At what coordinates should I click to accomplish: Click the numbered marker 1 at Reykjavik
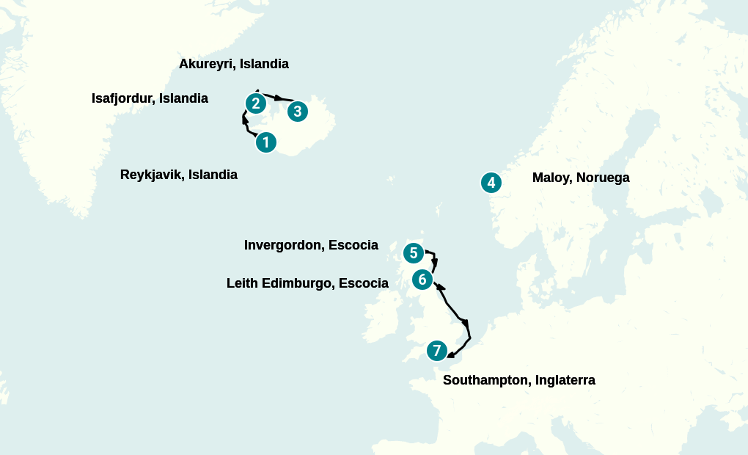[266, 142]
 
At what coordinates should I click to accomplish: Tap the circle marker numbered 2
[255, 103]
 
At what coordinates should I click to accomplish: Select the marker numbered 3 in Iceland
[297, 112]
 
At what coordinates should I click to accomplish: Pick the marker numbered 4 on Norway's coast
[491, 183]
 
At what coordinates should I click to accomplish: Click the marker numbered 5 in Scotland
[414, 253]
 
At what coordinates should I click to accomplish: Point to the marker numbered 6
[422, 280]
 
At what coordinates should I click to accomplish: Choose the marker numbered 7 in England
[436, 351]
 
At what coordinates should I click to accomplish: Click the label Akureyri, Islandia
[233, 64]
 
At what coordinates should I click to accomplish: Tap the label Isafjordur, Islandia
[150, 98]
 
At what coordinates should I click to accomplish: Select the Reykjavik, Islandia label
[178, 175]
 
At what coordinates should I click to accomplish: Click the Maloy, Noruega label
[581, 178]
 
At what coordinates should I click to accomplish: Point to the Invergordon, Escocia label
[311, 245]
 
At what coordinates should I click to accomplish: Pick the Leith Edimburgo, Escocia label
[307, 283]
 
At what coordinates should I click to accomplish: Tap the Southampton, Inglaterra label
[518, 380]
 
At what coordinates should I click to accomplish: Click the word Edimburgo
[293, 283]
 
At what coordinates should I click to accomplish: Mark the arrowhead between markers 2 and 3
[279, 98]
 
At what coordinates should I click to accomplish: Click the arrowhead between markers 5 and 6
[435, 263]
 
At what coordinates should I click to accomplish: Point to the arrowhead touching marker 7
[450, 356]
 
